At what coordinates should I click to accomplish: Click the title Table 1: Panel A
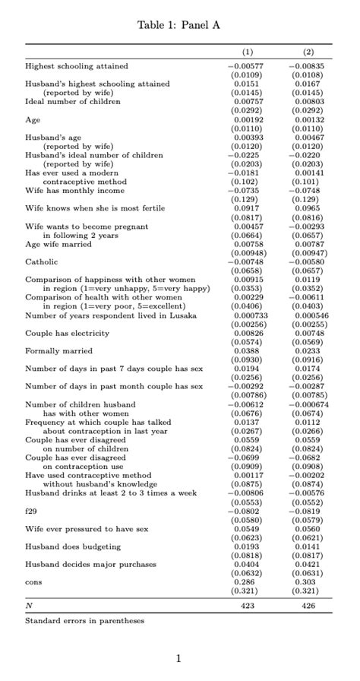[x=178, y=25]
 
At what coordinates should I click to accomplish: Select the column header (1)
[x=248, y=52]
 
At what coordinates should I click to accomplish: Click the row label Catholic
[x=43, y=261]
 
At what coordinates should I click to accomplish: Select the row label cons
[x=33, y=582]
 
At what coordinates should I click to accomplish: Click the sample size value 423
[x=248, y=606]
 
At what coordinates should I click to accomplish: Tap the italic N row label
[x=29, y=606]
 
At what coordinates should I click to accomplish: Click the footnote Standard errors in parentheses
[x=84, y=621]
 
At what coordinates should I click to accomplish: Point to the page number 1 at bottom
[x=178, y=658]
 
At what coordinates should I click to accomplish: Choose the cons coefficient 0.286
[x=248, y=582]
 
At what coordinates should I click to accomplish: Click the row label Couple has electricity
[x=68, y=333]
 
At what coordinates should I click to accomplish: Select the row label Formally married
[x=58, y=351]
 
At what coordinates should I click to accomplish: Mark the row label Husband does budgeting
[x=73, y=546]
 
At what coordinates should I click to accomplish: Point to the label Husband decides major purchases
[x=90, y=564]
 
